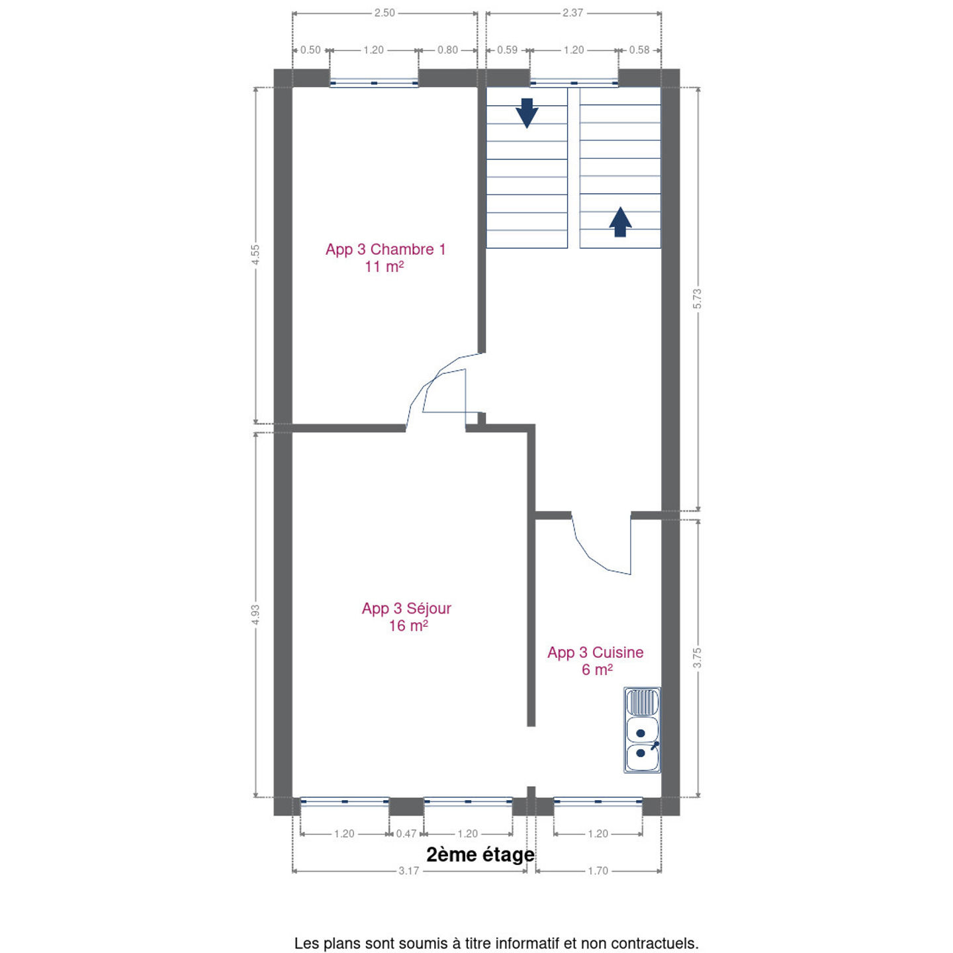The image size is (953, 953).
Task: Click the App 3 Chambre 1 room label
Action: (385, 257)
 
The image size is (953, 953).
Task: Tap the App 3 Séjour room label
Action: (406, 617)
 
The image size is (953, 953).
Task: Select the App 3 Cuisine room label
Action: (596, 660)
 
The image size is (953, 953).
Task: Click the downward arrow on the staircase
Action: (527, 113)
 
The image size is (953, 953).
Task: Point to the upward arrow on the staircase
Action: (620, 222)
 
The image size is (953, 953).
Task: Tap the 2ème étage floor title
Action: (480, 854)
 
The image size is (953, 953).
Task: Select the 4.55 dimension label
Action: (255, 255)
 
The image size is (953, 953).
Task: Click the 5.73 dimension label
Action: (698, 298)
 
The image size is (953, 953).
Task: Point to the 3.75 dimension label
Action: (698, 658)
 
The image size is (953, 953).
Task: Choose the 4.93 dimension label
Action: (255, 614)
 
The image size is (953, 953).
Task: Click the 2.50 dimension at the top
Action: (385, 13)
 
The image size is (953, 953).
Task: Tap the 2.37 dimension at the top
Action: (572, 13)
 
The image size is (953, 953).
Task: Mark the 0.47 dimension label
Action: (406, 834)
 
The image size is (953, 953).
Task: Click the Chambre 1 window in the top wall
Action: (374, 83)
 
